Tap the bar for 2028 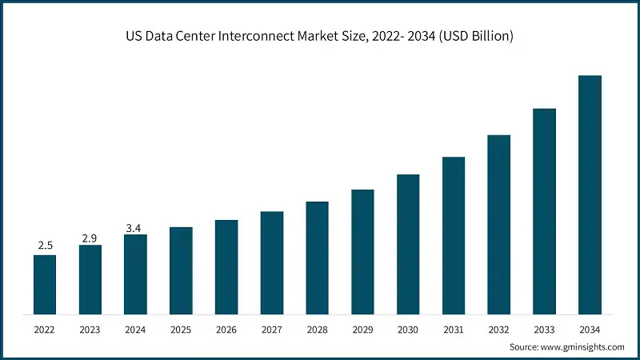318,257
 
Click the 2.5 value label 45,244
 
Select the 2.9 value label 90,238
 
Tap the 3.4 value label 135,229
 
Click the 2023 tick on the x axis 90,329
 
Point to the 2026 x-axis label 226,329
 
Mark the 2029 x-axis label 362,329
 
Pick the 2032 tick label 499,329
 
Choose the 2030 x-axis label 408,329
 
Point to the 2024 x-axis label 135,329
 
